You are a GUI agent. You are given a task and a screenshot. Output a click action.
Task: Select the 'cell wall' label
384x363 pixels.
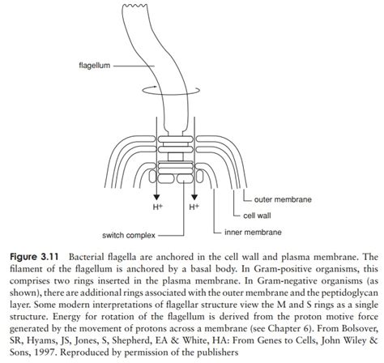[x=261, y=215]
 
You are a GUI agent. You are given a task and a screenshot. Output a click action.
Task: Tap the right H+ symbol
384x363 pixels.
[x=194, y=207]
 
